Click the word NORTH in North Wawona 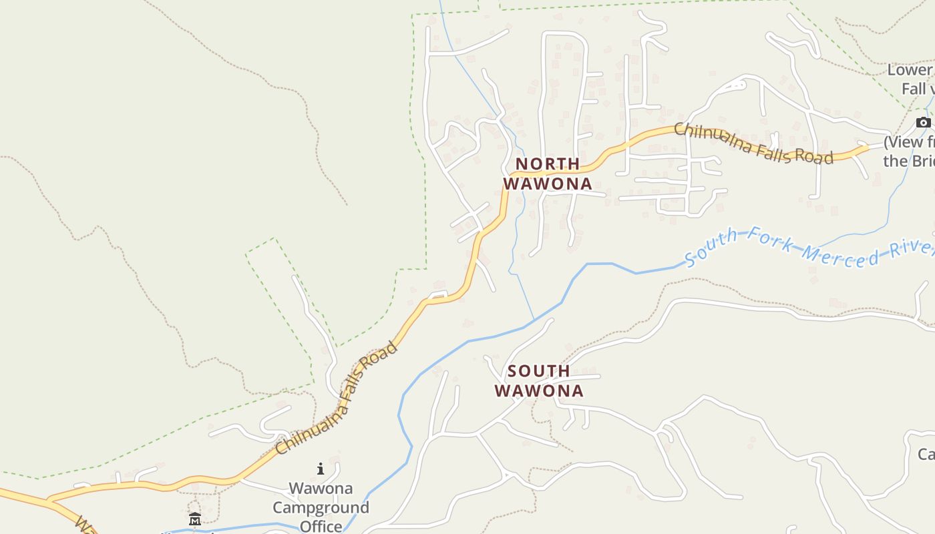coord(548,164)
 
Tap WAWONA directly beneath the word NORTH coord(548,184)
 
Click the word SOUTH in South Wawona coord(539,370)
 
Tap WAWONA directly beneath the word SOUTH coord(539,390)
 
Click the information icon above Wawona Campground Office coord(321,469)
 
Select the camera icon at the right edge coord(924,122)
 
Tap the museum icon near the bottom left coord(194,519)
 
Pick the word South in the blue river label coord(712,246)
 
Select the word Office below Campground coord(321,526)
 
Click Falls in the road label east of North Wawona coord(777,150)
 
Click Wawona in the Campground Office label coord(321,489)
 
